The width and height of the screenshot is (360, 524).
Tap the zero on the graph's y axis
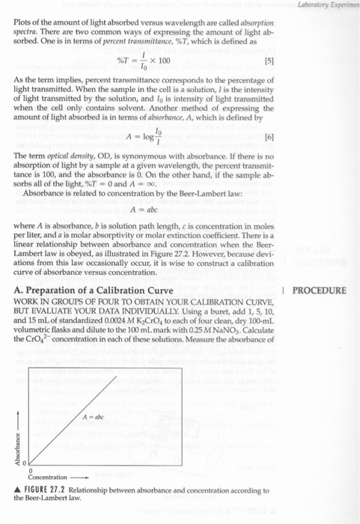click(23, 462)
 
